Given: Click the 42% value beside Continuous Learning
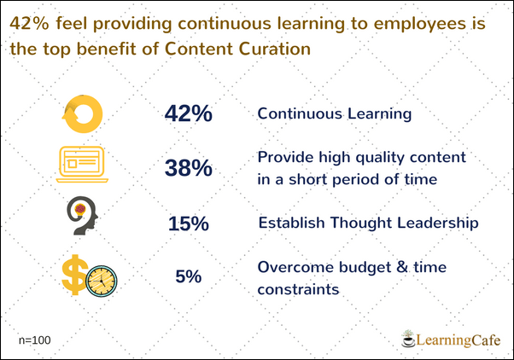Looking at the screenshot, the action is [x=189, y=113].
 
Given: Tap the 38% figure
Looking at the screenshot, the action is [x=189, y=168].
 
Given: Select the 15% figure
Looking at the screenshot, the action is [x=189, y=224].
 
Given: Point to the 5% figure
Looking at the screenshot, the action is [x=189, y=276].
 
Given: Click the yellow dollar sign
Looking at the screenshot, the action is [x=75, y=275].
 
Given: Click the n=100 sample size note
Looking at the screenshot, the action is [x=35, y=340].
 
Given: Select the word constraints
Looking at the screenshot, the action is [x=298, y=289].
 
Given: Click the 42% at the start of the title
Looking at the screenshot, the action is [x=29, y=23].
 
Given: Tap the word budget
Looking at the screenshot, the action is [x=365, y=268].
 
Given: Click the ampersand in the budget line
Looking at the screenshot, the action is [x=402, y=267].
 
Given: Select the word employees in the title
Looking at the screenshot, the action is [x=420, y=25].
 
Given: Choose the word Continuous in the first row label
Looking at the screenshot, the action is [x=300, y=113].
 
